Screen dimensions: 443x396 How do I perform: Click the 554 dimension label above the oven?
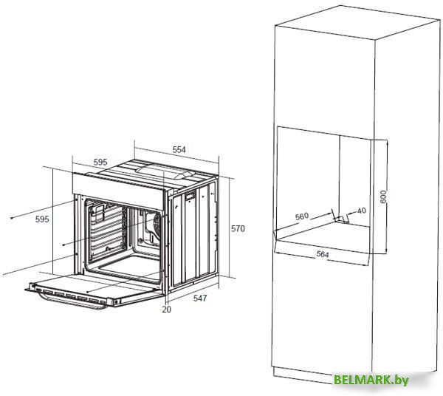(x=179, y=149)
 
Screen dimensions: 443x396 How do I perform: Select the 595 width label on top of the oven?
(x=100, y=163)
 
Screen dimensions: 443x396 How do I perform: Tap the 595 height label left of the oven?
(x=42, y=219)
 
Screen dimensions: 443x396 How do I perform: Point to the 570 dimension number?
(x=238, y=228)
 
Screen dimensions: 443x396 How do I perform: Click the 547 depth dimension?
(x=200, y=298)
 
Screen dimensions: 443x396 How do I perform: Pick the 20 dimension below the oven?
(x=167, y=310)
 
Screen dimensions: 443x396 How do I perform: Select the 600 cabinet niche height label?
(x=383, y=197)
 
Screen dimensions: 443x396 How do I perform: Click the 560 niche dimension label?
(x=302, y=216)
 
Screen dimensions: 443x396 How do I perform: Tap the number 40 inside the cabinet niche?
(x=361, y=211)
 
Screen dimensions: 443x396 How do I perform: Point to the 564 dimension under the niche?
(x=323, y=254)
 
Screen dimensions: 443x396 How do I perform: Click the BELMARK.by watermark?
(x=371, y=380)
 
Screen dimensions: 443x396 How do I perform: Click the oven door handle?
(x=72, y=301)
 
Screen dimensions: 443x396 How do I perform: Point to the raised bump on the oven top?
(x=164, y=172)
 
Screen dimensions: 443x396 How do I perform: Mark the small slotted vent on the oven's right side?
(x=190, y=197)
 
